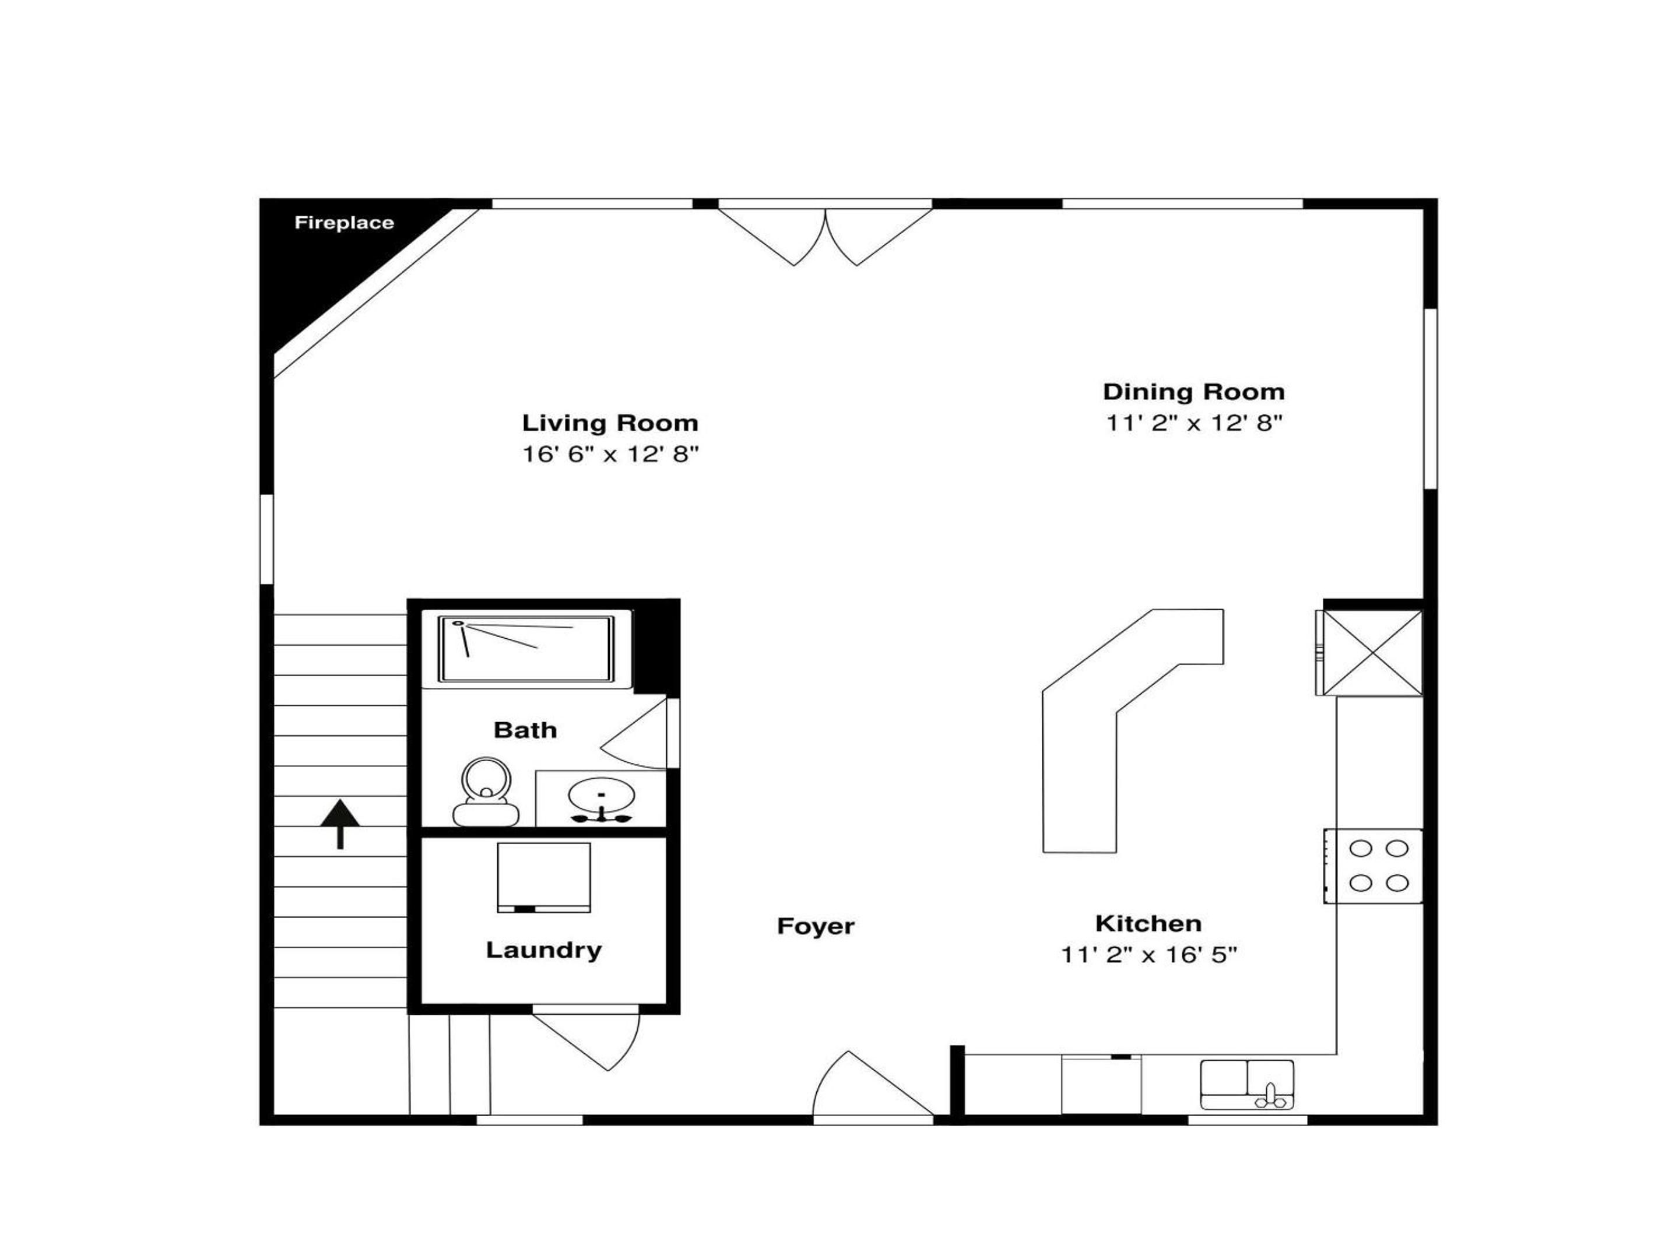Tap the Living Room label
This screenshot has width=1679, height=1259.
click(x=609, y=423)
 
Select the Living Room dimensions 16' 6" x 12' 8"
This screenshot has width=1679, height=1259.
click(x=609, y=454)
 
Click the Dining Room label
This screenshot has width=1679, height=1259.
click(x=1193, y=392)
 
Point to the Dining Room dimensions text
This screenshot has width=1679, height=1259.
click(x=1193, y=423)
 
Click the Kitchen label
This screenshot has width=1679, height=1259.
click(x=1148, y=924)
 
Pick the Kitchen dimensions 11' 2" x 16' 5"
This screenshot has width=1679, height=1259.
click(x=1148, y=955)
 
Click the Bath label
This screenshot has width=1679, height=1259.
click(x=525, y=730)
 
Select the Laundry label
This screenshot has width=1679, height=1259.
click(x=543, y=950)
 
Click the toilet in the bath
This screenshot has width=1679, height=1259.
click(x=486, y=792)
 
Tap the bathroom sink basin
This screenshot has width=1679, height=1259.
click(x=601, y=797)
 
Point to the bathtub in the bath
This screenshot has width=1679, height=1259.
click(x=526, y=649)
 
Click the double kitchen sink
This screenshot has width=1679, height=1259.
click(x=1247, y=1085)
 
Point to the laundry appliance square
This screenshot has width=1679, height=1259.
click(x=543, y=877)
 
